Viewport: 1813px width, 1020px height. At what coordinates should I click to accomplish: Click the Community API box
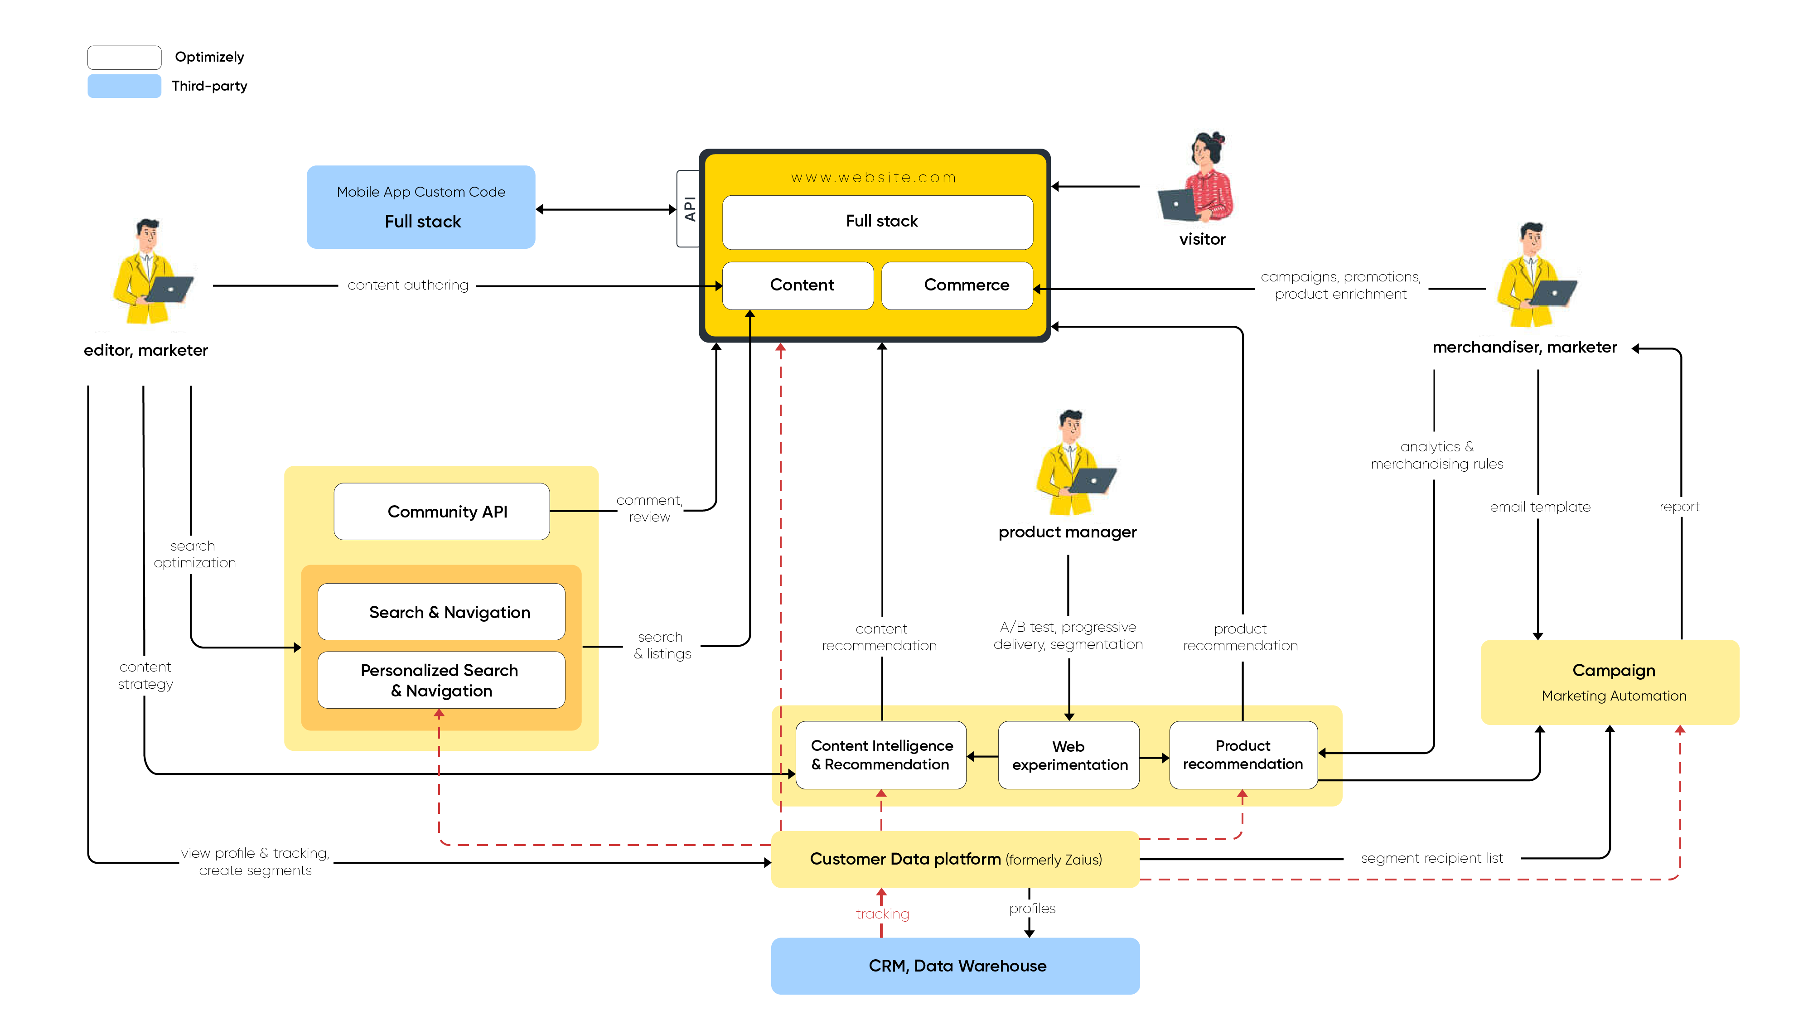click(441, 512)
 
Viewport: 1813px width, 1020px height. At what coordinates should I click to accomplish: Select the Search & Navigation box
click(441, 612)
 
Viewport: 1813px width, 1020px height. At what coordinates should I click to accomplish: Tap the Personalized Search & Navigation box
click(441, 680)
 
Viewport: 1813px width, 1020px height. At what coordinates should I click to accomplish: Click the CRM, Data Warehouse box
click(955, 966)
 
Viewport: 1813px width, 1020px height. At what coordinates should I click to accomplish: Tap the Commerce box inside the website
click(957, 285)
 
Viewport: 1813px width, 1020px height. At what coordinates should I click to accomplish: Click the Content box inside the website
click(798, 285)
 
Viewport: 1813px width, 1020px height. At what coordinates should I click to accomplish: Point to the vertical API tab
click(688, 208)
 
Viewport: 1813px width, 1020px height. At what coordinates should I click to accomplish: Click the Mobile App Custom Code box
click(421, 207)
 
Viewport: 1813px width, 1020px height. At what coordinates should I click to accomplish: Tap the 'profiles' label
click(1032, 908)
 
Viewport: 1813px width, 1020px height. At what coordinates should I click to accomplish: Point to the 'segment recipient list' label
click(1431, 858)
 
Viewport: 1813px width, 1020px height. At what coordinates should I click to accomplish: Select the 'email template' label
click(1540, 507)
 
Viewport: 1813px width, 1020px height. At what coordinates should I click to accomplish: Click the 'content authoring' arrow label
click(407, 285)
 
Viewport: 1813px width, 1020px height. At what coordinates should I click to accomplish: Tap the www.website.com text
click(874, 177)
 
